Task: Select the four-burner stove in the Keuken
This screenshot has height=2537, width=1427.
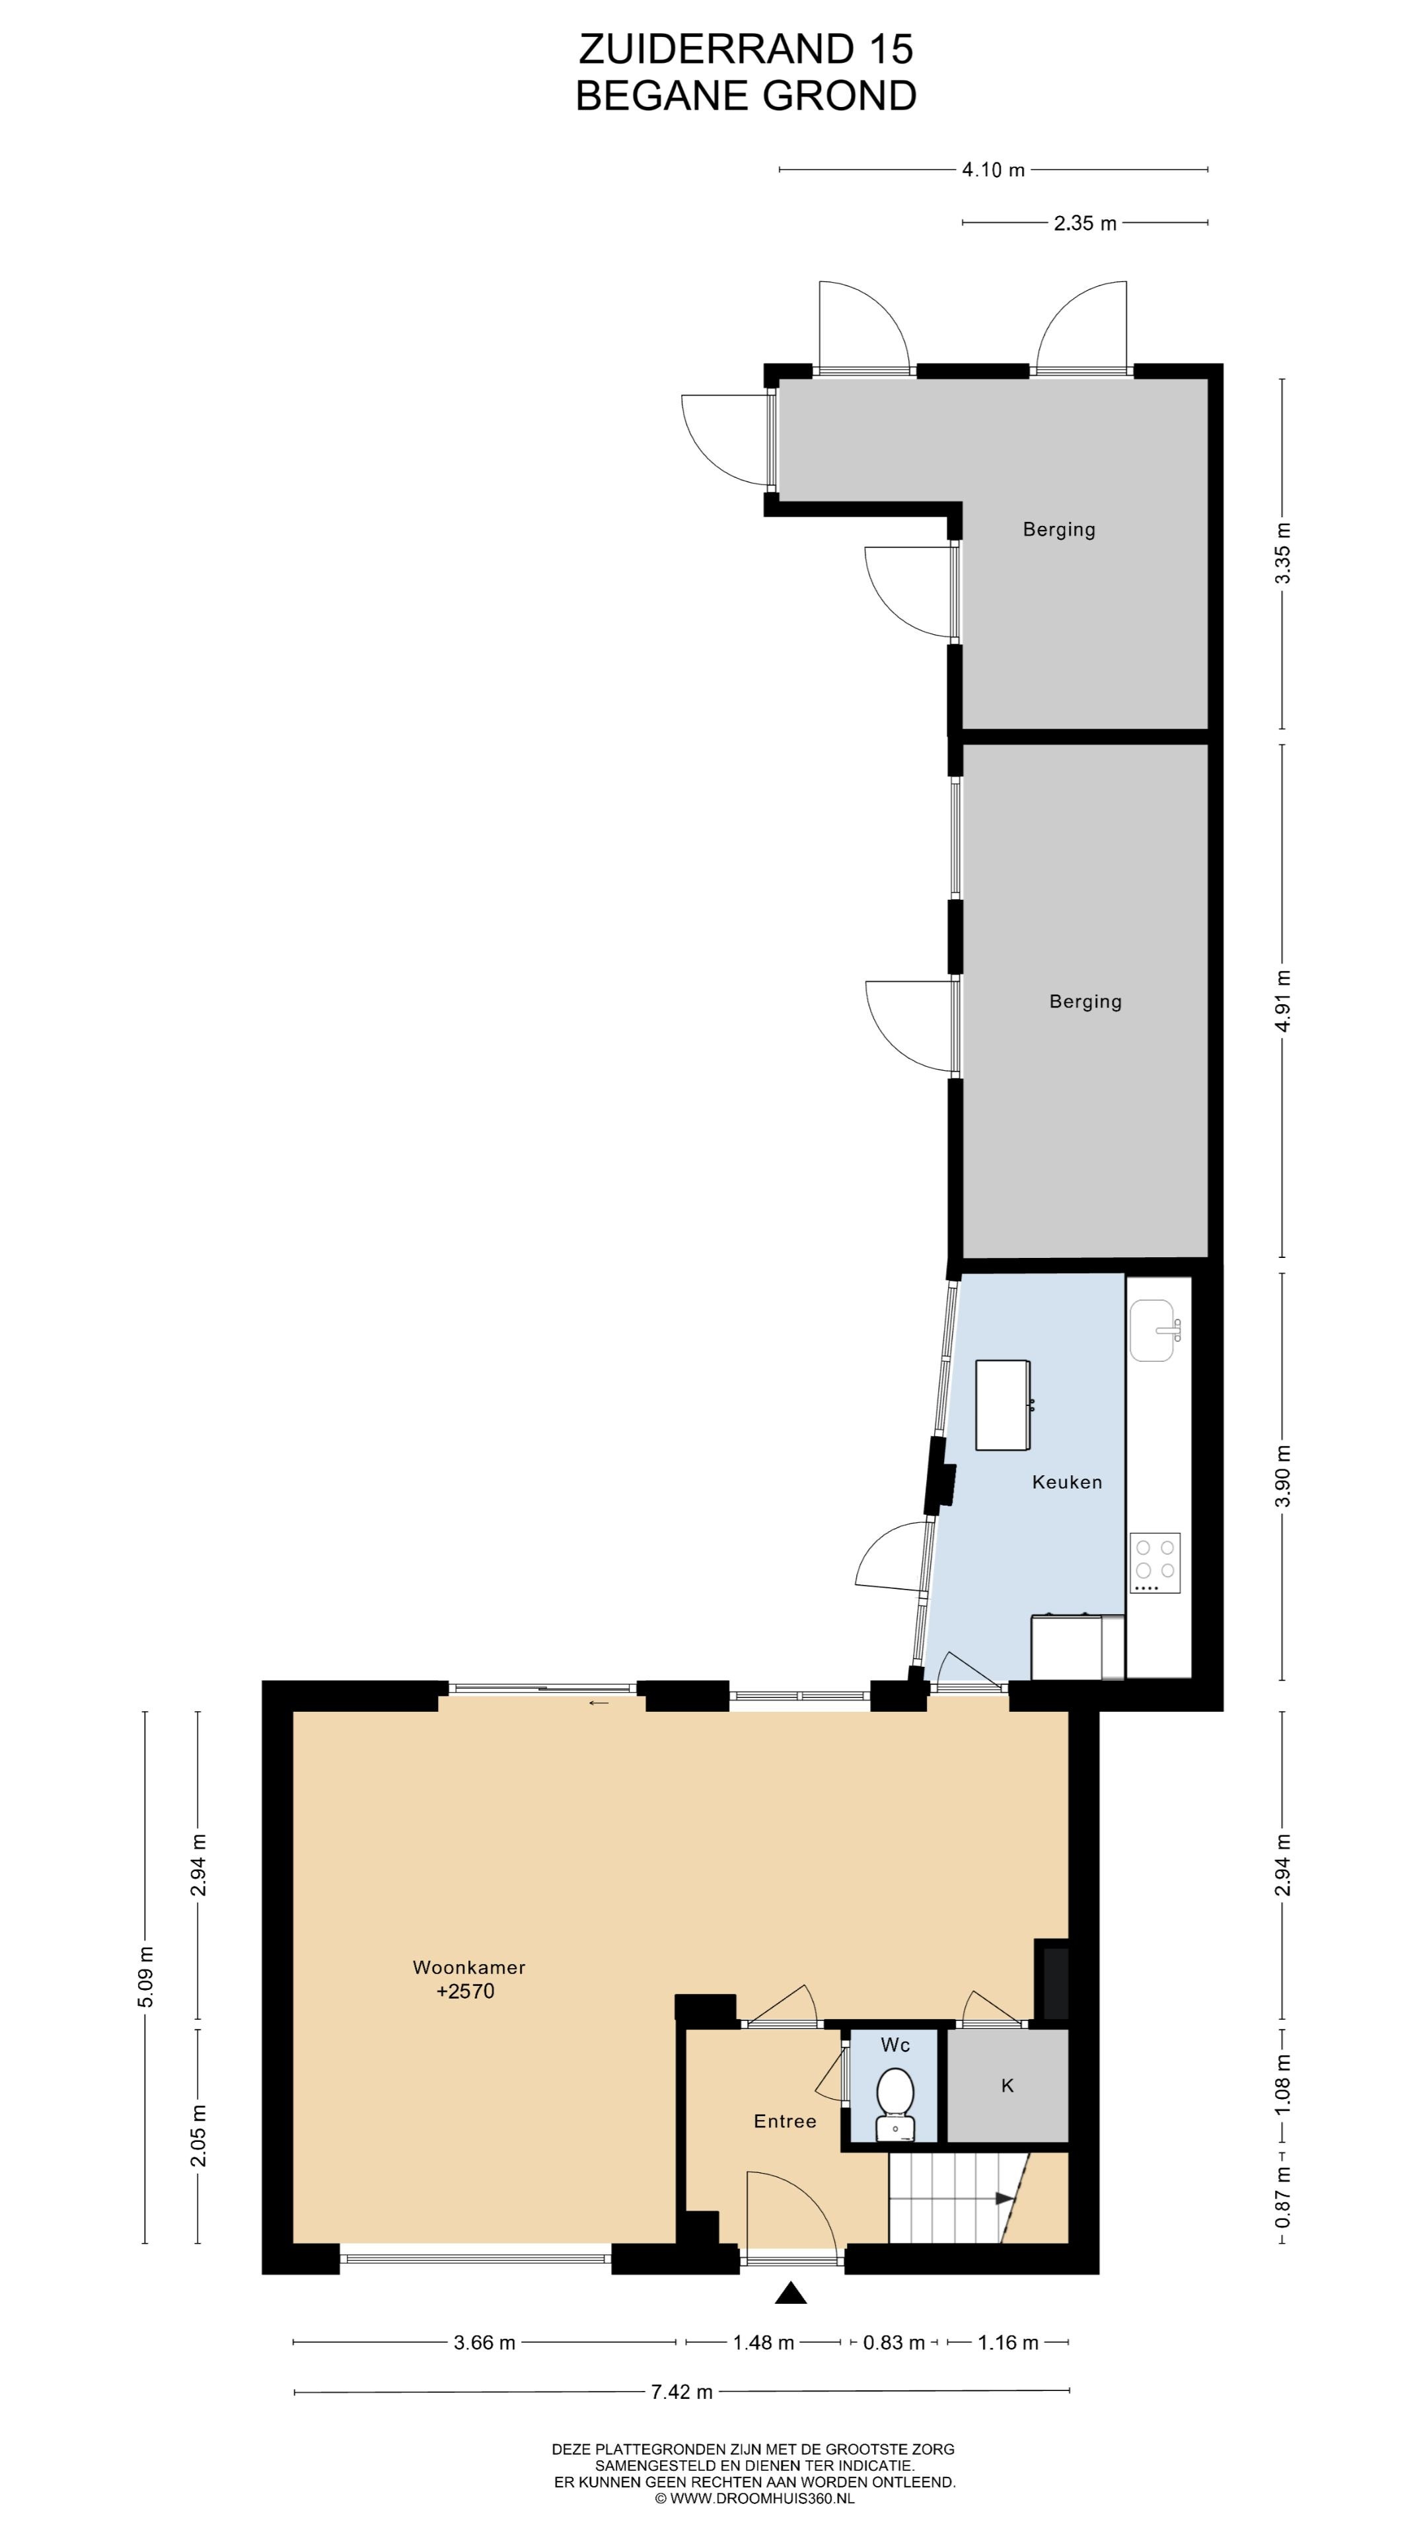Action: (x=1155, y=1563)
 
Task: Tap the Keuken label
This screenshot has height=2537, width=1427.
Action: (x=1066, y=1481)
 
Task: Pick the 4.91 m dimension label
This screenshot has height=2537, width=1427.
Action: (x=1282, y=1001)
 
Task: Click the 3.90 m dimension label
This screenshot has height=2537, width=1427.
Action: (x=1282, y=1475)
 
